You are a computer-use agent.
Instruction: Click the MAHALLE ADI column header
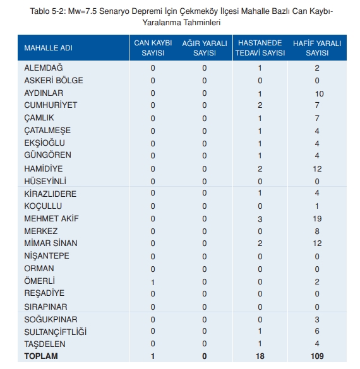[x=48, y=48]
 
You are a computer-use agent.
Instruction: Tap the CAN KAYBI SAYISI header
[x=153, y=48]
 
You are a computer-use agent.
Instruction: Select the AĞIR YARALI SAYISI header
[x=205, y=48]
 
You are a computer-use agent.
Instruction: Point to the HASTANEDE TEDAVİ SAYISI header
[x=260, y=48]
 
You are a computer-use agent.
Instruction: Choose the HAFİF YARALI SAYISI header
[x=317, y=48]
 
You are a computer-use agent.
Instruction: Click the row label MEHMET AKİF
[x=51, y=218]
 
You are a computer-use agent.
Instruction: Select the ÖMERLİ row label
[x=39, y=281]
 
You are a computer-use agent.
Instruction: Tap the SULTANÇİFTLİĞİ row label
[x=56, y=332]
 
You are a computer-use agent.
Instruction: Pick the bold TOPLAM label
[x=41, y=356]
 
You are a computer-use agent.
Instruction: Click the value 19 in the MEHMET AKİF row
[x=317, y=219]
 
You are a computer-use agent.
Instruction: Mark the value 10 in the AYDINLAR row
[x=319, y=93]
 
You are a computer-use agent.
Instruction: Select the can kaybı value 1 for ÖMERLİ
[x=153, y=282]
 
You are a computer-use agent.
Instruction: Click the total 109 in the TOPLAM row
[x=317, y=356]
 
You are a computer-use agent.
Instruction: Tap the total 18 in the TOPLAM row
[x=260, y=356]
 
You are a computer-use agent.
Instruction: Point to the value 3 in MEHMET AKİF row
[x=260, y=219]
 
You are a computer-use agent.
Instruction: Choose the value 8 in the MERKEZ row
[x=317, y=231]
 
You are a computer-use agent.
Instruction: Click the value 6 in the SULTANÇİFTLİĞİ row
[x=317, y=331]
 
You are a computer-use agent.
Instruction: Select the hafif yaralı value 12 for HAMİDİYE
[x=317, y=169]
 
